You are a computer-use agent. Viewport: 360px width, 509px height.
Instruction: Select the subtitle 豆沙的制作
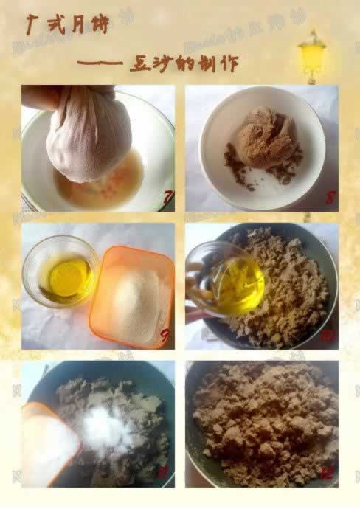[x=174, y=63]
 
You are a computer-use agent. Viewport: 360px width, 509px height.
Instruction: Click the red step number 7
[x=167, y=198]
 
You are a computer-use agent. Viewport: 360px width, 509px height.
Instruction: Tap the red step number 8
[x=330, y=198]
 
